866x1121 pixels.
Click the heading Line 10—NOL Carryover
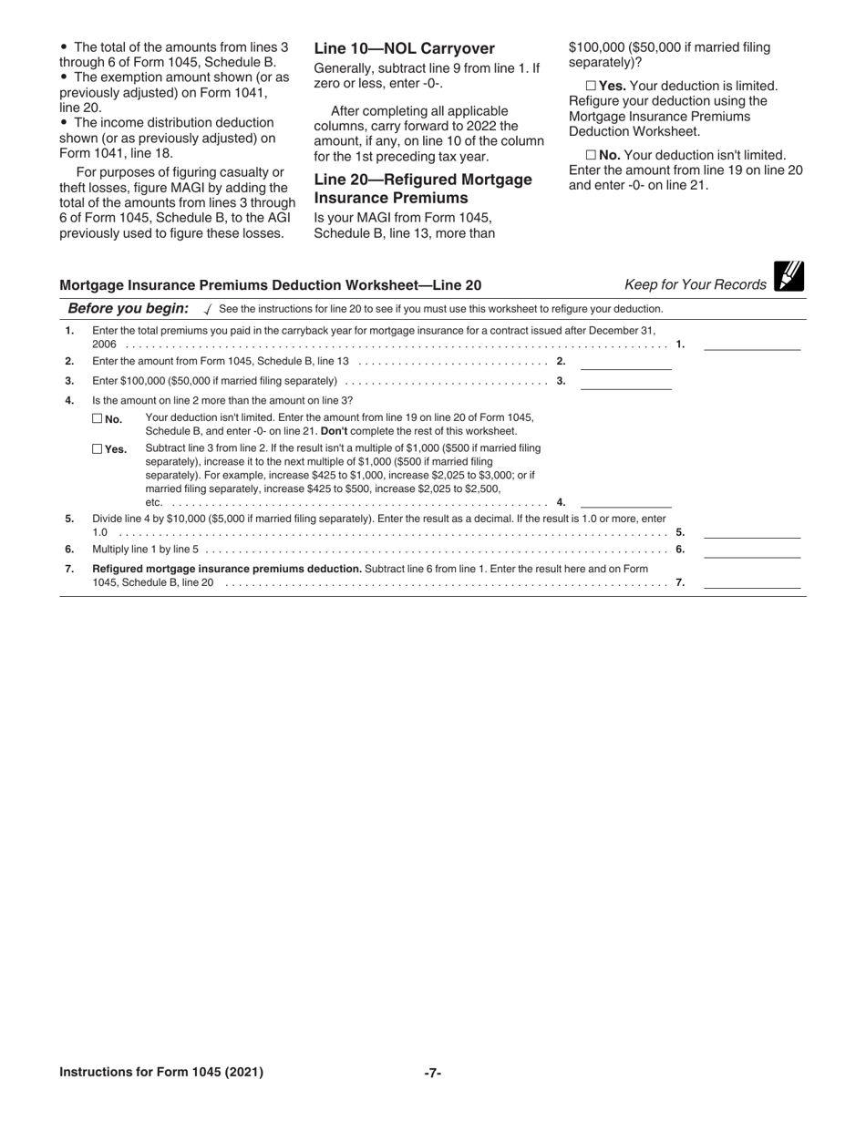pos(404,49)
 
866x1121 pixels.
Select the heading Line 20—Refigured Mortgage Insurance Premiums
pos(422,189)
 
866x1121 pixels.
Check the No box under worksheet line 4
pos(98,419)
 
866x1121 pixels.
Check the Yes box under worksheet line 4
pos(98,448)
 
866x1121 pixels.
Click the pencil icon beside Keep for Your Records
pos(789,276)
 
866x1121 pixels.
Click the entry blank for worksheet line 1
pos(751,344)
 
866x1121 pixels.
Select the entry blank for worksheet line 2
pos(625,362)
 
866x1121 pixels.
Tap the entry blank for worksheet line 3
pos(625,382)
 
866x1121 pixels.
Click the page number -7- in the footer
pos(433,1073)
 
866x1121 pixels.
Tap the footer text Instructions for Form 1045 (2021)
pos(161,1073)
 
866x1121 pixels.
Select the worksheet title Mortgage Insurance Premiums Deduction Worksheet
pos(270,285)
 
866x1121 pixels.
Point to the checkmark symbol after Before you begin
pos(208,310)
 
